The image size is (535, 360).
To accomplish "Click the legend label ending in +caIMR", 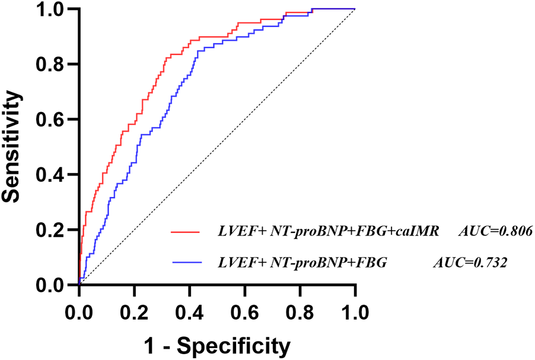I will pos(327,232).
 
